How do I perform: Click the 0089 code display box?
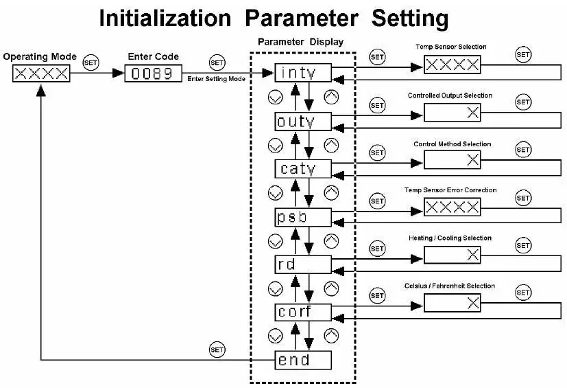pos(153,73)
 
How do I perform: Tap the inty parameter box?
pos(302,72)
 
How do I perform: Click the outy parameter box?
pos(302,122)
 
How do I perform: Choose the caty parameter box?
pos(302,168)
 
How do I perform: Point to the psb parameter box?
pos(302,217)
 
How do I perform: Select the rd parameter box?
pos(302,264)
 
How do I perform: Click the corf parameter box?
pos(302,312)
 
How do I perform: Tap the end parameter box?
pos(302,359)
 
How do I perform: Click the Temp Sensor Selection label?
pos(451,47)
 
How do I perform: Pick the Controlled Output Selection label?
pos(450,95)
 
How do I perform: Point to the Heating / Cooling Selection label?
pos(450,238)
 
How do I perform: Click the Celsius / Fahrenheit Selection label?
pos(450,286)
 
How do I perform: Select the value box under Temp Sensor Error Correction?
pos(452,207)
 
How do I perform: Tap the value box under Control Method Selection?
pos(452,160)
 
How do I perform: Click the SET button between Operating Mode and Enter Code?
pos(91,62)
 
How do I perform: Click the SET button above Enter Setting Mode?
pos(217,62)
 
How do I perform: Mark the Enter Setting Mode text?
pos(216,79)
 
